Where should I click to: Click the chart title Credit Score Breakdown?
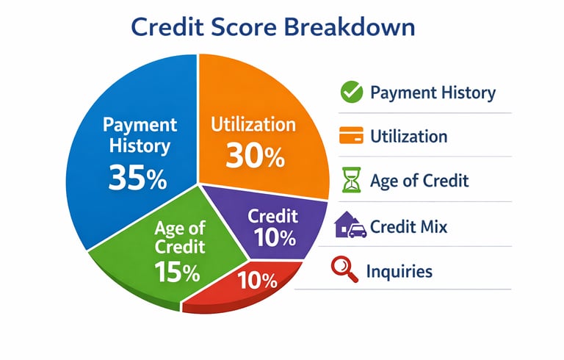click(272, 27)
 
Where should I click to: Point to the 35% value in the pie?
click(138, 177)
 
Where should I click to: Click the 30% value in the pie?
click(255, 156)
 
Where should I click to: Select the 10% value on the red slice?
click(257, 280)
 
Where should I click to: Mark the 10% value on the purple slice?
click(275, 237)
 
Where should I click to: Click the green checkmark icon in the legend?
click(352, 92)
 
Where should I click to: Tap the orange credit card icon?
click(351, 135)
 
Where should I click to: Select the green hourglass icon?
click(351, 180)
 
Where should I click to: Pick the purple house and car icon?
click(350, 225)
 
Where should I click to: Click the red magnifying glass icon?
click(344, 269)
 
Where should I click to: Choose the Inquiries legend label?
click(399, 271)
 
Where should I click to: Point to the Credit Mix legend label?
click(408, 227)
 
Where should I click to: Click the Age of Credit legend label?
click(419, 181)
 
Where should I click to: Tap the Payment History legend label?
click(433, 93)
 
